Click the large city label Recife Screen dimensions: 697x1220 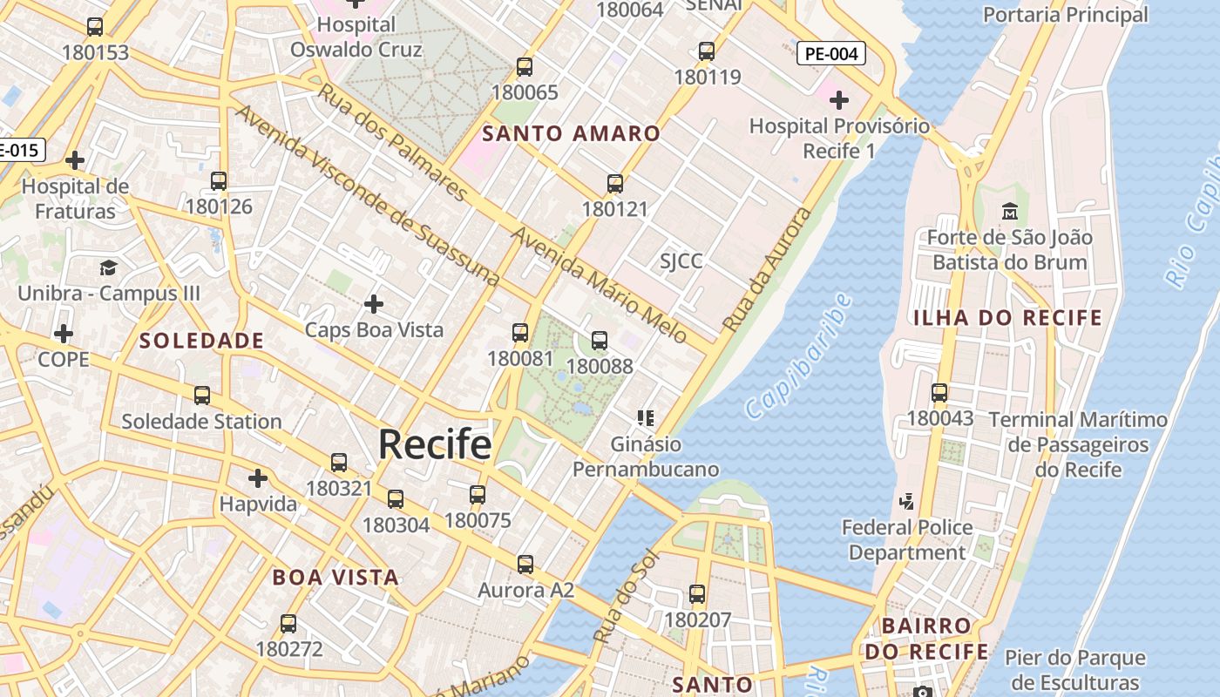pyautogui.click(x=434, y=445)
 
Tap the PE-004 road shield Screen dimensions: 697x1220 pyautogui.click(x=831, y=53)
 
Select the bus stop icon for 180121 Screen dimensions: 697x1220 pyautogui.click(x=615, y=184)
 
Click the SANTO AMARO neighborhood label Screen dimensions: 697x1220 pyautogui.click(x=572, y=133)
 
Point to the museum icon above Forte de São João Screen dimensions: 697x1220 pyautogui.click(x=1010, y=211)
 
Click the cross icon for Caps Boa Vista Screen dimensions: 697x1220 pyautogui.click(x=374, y=304)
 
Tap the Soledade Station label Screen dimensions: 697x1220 pyautogui.click(x=201, y=422)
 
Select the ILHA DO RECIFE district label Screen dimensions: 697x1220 pyautogui.click(x=1007, y=318)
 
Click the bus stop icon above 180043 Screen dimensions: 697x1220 pyautogui.click(x=939, y=393)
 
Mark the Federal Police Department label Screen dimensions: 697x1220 pyautogui.click(x=907, y=539)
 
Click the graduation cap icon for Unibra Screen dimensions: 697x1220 pyautogui.click(x=108, y=267)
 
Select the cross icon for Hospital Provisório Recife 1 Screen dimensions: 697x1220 pyautogui.click(x=839, y=100)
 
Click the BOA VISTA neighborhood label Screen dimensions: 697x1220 pyautogui.click(x=335, y=577)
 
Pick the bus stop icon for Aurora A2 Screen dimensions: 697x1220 pyautogui.click(x=525, y=565)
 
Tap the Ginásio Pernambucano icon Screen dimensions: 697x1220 pyautogui.click(x=646, y=418)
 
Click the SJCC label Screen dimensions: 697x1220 pyautogui.click(x=681, y=261)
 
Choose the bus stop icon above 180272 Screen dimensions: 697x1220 pyautogui.click(x=288, y=624)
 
